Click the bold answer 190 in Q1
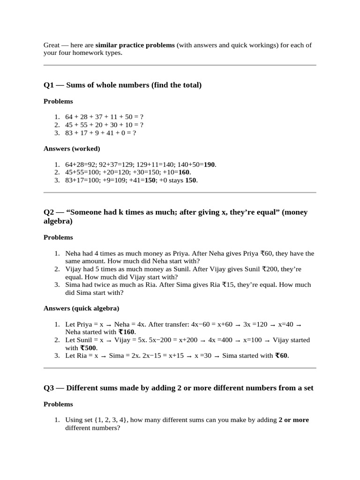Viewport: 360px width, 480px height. [210, 165]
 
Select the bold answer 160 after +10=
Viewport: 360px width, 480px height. [184, 172]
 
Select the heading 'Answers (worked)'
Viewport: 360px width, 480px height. [72, 149]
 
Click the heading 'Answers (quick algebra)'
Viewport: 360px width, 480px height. [81, 308]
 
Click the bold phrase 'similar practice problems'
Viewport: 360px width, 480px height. [135, 45]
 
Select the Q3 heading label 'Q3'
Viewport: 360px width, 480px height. [49, 388]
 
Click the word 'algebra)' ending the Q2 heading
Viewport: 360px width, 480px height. [58, 221]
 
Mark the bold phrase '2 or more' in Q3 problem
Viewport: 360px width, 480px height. [293, 420]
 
